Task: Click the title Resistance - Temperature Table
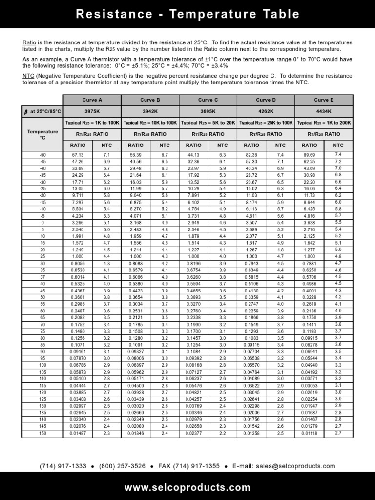(x=187, y=14)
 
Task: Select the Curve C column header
(x=208, y=100)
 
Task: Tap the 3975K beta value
(x=92, y=111)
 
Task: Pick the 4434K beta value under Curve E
(x=324, y=111)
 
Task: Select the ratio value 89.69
(x=309, y=154)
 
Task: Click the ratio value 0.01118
(x=309, y=433)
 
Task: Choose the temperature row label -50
(x=42, y=154)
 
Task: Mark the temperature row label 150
(x=42, y=433)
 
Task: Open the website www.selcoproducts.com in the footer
(x=187, y=487)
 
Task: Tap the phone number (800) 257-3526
(x=122, y=466)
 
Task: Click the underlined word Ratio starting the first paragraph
(x=29, y=43)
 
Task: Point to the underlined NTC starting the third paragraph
(x=28, y=76)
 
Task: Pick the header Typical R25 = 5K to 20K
(x=208, y=123)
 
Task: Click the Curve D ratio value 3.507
(x=251, y=222)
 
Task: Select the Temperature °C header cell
(x=42, y=134)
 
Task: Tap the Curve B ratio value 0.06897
(x=135, y=365)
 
